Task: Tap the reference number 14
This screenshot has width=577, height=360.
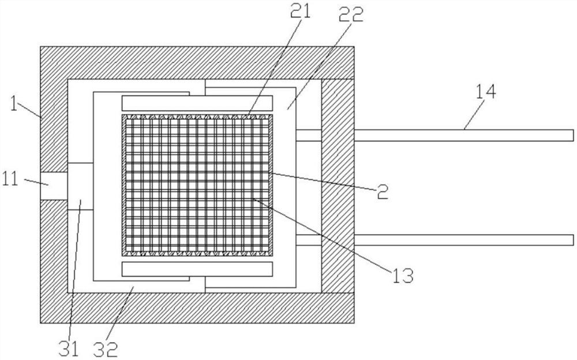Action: tap(486, 91)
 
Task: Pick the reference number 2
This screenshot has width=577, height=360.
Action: tap(382, 192)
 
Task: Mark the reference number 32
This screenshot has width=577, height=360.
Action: tap(108, 348)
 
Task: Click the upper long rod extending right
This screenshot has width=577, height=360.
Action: tap(462, 135)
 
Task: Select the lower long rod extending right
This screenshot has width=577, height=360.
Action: tap(462, 239)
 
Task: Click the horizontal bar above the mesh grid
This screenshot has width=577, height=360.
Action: tap(197, 103)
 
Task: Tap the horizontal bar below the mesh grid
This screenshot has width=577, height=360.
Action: tap(197, 268)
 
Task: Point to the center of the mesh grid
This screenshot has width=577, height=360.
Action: tap(197, 185)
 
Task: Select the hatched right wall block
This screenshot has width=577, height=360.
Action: tap(337, 185)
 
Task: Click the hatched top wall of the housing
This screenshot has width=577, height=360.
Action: tap(196, 62)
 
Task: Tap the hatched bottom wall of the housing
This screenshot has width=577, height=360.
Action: tap(196, 307)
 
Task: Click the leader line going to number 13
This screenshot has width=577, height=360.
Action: tap(323, 234)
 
